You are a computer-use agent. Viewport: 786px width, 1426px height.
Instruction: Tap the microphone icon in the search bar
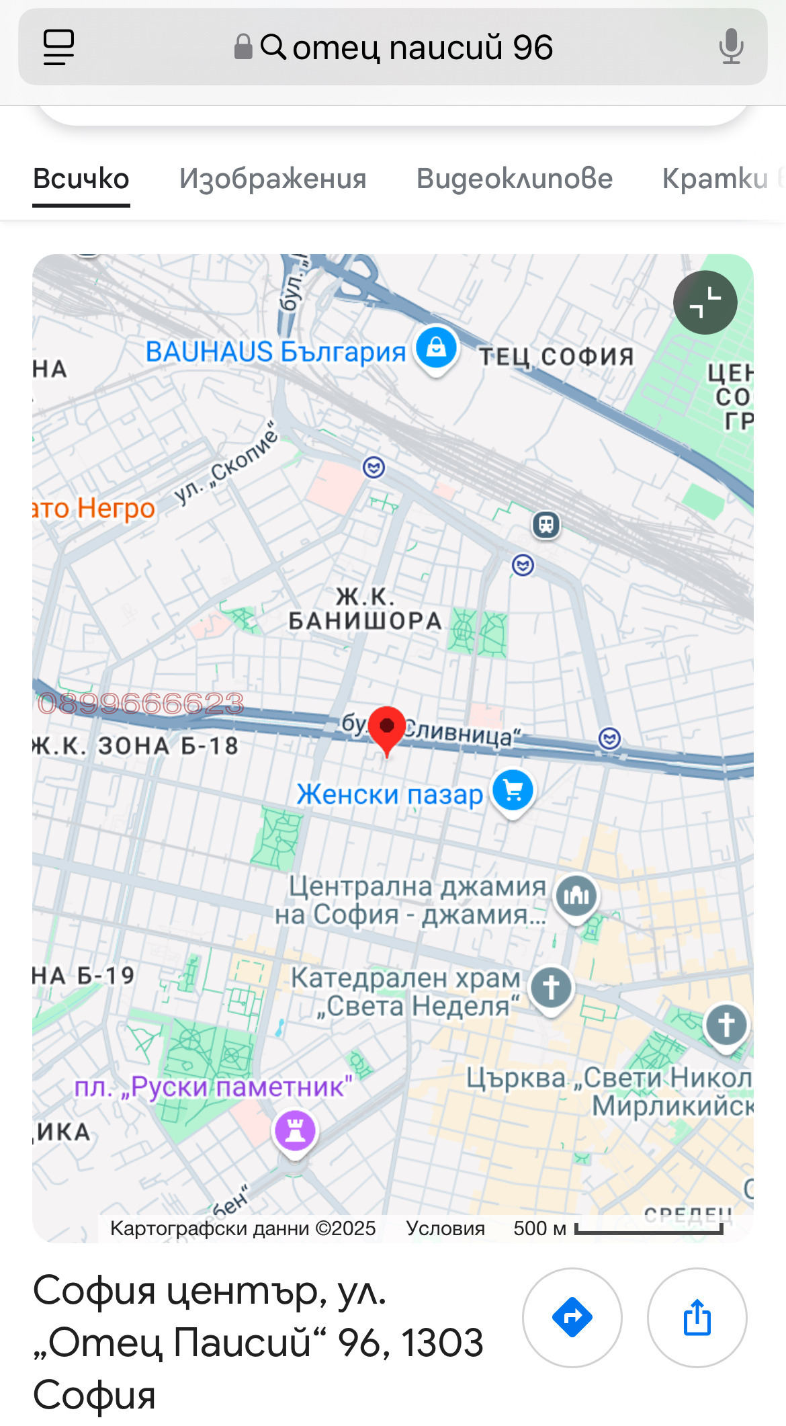point(731,47)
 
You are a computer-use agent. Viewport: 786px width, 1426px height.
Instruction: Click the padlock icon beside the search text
point(243,47)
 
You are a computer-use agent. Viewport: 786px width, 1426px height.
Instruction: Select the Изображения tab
point(273,179)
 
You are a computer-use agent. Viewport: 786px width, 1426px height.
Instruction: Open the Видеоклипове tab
point(514,179)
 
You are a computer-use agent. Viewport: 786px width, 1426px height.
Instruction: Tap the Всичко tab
point(81,179)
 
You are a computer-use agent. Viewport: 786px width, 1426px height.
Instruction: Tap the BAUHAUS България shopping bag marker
point(436,348)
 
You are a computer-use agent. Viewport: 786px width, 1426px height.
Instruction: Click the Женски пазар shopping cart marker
point(513,791)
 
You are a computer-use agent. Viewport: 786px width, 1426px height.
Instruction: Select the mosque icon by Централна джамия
point(576,895)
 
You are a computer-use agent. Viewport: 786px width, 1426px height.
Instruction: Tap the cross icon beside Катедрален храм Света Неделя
point(551,988)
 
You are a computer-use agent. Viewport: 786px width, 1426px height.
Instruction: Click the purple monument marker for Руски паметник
point(295,1130)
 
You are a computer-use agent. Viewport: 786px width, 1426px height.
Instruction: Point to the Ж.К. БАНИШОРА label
point(365,609)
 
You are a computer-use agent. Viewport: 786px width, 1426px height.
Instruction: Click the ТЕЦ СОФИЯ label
point(556,356)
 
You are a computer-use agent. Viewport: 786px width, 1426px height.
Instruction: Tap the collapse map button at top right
point(705,302)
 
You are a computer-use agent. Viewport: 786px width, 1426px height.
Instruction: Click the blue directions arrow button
point(572,1317)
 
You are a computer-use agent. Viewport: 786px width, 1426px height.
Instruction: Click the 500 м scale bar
point(648,1229)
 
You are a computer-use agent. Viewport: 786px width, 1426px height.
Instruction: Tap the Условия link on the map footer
point(445,1228)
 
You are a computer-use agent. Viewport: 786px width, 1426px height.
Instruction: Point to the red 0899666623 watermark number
point(140,704)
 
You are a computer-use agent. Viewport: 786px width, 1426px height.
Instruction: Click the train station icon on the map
point(546,524)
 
